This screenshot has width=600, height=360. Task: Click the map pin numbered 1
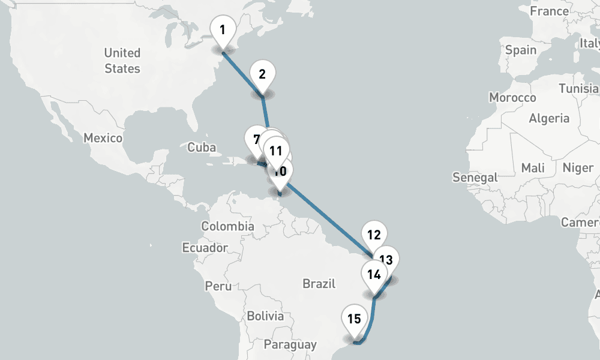223,30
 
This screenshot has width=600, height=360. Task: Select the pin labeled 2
262,75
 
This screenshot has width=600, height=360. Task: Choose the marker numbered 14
374,275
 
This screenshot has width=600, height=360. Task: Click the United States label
122,61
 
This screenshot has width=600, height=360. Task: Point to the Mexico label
103,138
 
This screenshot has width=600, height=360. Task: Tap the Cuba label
201,147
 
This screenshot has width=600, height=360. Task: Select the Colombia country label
227,226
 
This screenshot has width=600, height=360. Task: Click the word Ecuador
205,247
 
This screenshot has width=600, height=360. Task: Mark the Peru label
218,286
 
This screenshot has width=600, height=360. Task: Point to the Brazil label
319,283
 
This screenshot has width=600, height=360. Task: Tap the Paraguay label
290,344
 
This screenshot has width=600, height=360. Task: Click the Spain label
521,50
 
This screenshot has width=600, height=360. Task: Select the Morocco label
512,97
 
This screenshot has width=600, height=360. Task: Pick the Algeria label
549,118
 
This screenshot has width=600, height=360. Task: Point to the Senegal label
475,177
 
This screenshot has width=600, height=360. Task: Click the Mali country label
533,167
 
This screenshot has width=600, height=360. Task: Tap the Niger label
577,167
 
